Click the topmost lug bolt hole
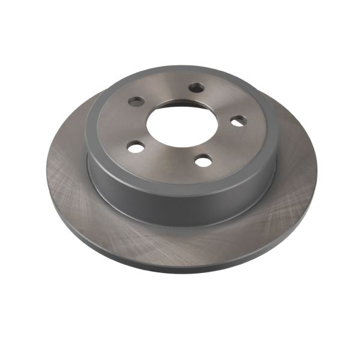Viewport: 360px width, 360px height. (x=196, y=88)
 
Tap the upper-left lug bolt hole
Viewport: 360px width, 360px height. (x=136, y=101)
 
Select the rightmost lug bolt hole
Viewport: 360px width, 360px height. (x=238, y=121)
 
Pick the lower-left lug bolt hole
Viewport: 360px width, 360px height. (x=136, y=146)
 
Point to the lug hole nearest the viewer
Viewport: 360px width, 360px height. (x=203, y=160)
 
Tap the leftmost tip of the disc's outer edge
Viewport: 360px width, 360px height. (x=46, y=171)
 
